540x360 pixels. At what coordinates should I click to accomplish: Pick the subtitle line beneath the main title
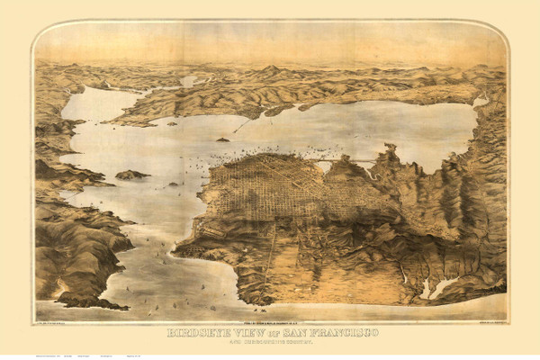[270, 342]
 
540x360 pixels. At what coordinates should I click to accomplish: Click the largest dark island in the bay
[131, 175]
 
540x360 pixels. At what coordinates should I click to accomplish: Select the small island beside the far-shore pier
[222, 139]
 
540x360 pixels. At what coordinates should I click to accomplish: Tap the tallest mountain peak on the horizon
[270, 68]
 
